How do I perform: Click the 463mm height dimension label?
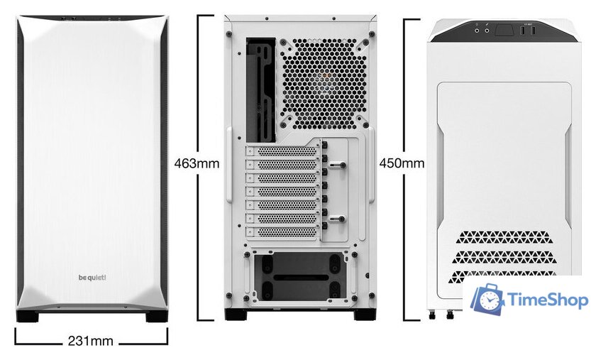(197, 163)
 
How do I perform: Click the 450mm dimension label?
(402, 163)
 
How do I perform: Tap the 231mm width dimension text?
(90, 341)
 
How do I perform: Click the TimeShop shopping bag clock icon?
(487, 301)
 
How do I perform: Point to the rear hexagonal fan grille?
(324, 82)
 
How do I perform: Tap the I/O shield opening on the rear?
(260, 89)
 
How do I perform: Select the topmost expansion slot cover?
(282, 151)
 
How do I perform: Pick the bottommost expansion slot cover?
(282, 231)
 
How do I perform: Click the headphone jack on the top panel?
(477, 30)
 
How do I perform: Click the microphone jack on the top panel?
(487, 30)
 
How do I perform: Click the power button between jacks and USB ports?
(504, 31)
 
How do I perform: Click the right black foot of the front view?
(157, 317)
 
